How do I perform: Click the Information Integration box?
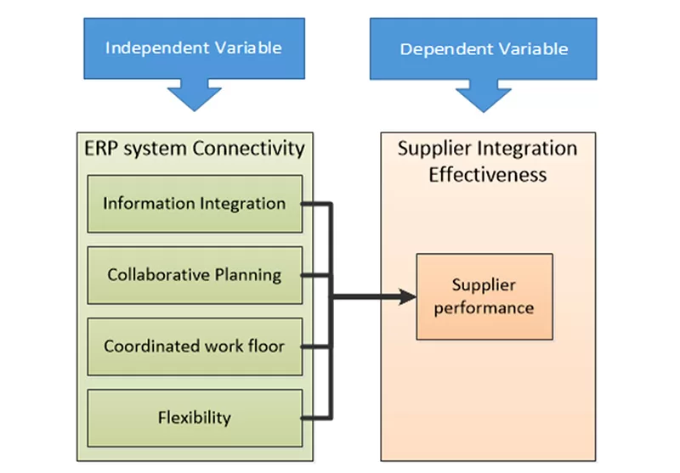pyautogui.click(x=195, y=204)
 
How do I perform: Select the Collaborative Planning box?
pyautogui.click(x=195, y=275)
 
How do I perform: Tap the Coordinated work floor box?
pyautogui.click(x=195, y=346)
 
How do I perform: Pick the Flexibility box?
pyautogui.click(x=195, y=417)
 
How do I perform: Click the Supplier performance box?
pyautogui.click(x=484, y=296)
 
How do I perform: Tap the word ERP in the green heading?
pyautogui.click(x=100, y=149)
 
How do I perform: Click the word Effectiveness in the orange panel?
pyautogui.click(x=487, y=176)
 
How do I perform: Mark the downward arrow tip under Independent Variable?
pyautogui.click(x=195, y=109)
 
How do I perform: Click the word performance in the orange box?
pyautogui.click(x=484, y=307)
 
